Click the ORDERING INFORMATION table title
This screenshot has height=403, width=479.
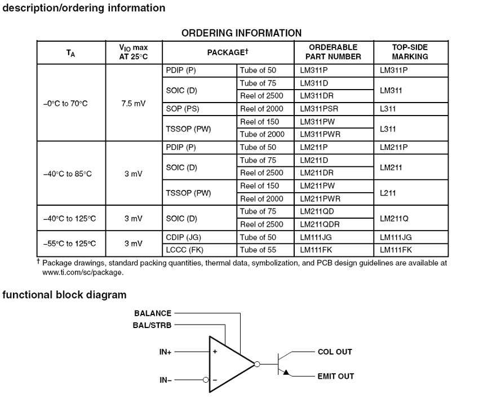tap(241, 33)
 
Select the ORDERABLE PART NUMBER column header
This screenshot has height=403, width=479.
tap(334, 52)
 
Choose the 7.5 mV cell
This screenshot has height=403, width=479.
tap(134, 104)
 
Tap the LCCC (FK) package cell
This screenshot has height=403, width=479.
tap(184, 250)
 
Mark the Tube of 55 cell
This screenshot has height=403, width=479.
tap(258, 250)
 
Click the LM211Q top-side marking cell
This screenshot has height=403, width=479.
tap(397, 218)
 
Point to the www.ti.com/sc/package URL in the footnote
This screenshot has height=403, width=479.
tap(83, 273)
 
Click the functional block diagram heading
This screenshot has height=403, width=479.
tap(65, 295)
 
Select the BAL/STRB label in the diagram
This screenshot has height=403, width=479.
tap(153, 325)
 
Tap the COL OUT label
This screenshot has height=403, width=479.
tap(335, 352)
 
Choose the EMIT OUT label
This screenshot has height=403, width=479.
tap(336, 376)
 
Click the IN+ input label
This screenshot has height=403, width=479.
tap(165, 352)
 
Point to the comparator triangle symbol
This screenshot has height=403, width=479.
tap(230, 364)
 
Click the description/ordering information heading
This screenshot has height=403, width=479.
tap(85, 8)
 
